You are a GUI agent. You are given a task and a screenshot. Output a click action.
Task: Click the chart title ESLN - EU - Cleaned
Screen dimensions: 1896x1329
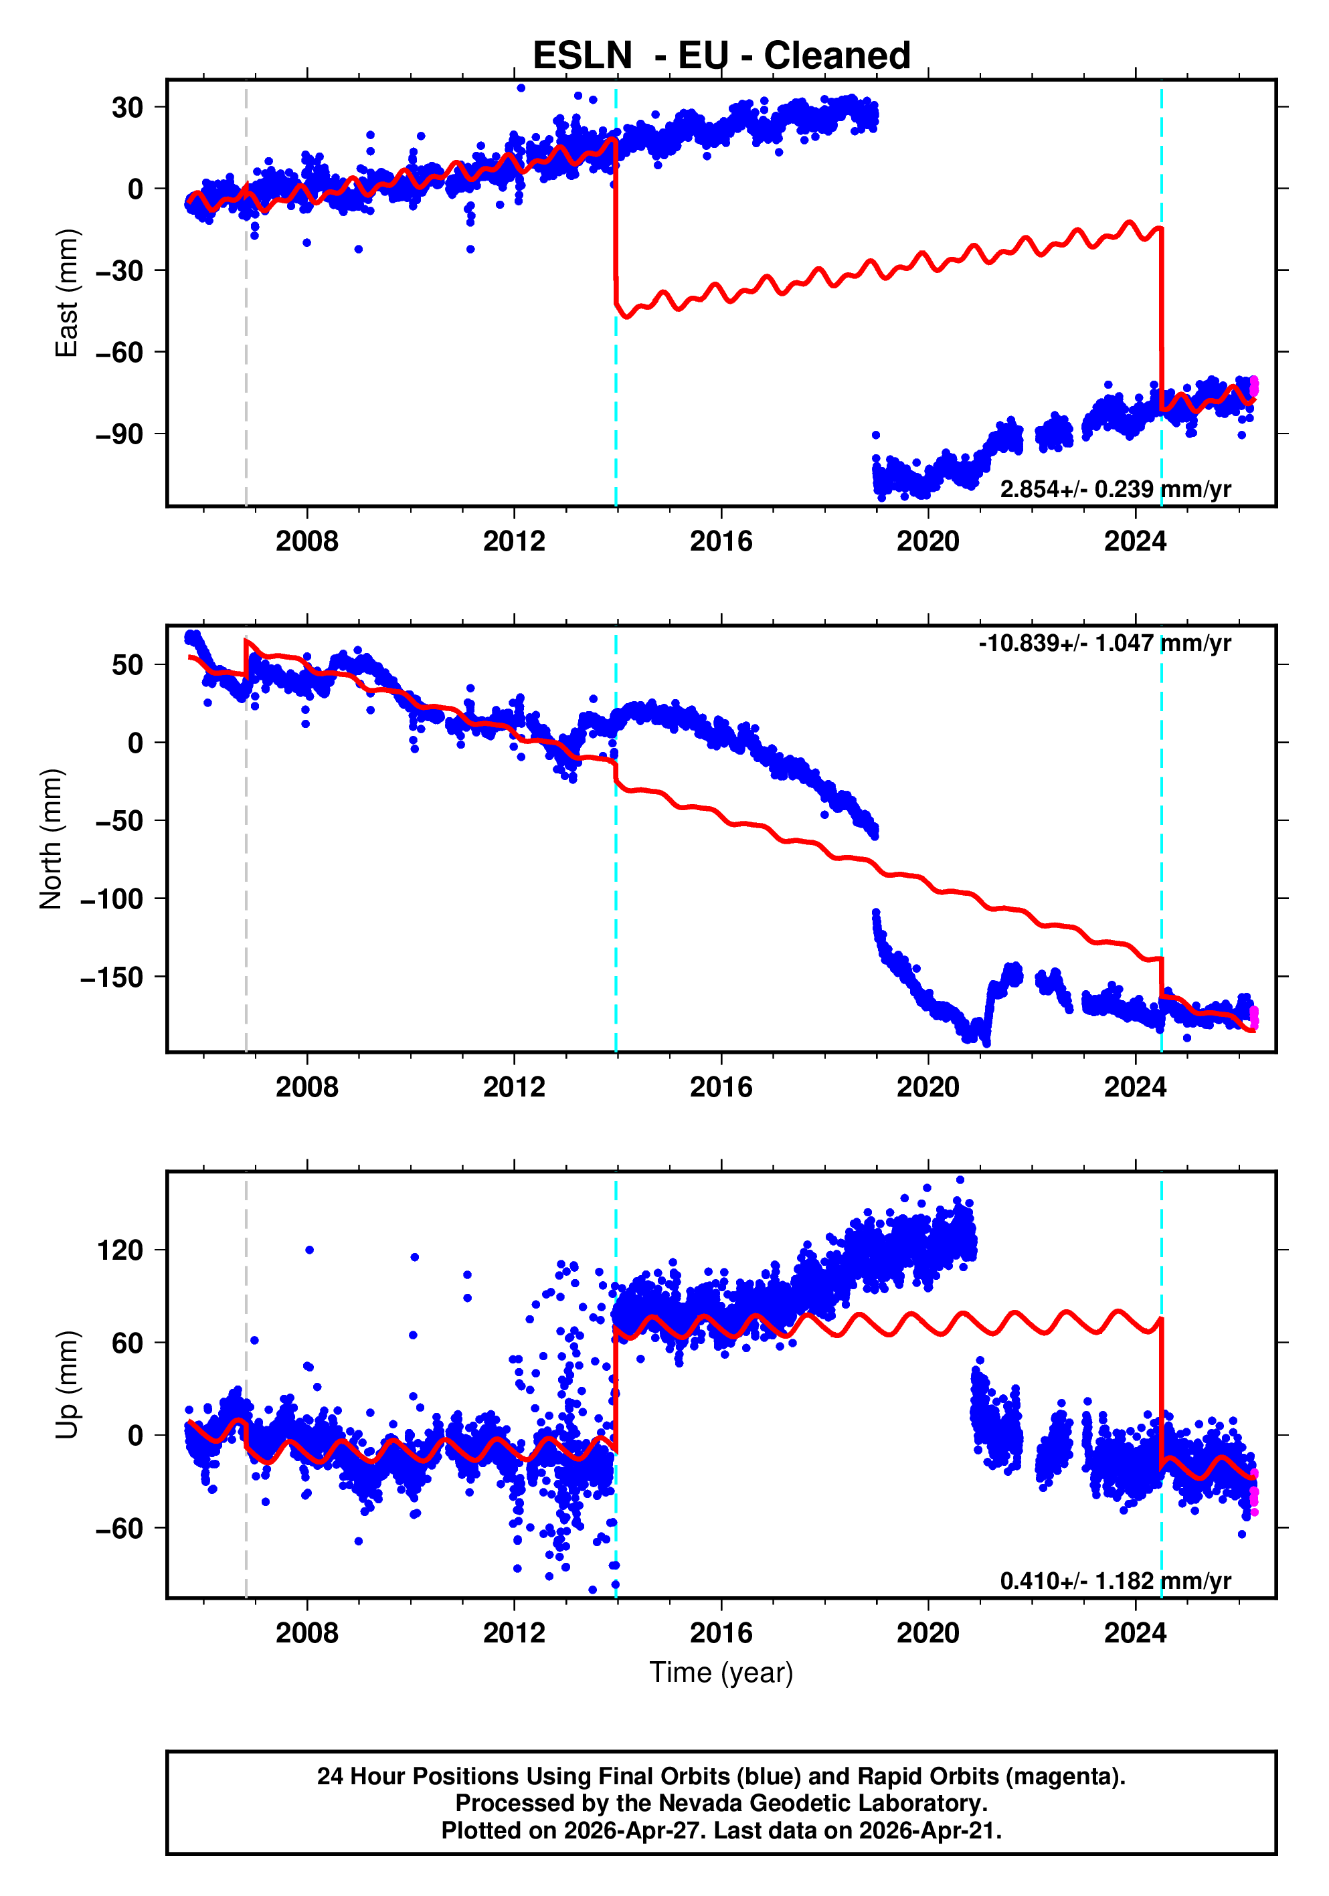(721, 56)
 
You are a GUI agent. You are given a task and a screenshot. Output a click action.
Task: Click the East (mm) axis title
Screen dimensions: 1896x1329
(66, 293)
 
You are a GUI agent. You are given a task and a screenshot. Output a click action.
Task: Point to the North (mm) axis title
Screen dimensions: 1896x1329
(52, 839)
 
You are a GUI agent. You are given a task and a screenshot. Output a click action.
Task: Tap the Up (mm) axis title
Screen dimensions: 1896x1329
(66, 1385)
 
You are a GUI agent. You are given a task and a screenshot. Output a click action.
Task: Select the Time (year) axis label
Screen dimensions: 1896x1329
(721, 1672)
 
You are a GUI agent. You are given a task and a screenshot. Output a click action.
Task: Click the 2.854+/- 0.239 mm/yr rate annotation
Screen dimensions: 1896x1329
(1115, 490)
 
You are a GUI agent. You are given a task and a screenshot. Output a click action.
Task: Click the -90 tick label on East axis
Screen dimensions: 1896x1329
(119, 434)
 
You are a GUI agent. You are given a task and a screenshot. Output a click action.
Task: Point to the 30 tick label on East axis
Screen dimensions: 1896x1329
(128, 107)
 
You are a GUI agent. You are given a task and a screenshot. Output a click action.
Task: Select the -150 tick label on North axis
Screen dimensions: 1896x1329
(112, 977)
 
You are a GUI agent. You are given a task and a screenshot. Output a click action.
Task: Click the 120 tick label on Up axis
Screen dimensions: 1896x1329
(120, 1250)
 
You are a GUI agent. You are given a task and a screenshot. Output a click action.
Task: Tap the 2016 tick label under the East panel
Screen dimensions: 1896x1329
(721, 542)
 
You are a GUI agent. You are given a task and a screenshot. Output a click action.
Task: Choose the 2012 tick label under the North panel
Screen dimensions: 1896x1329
(514, 1088)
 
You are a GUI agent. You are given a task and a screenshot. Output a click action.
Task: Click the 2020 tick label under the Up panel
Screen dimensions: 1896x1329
(928, 1633)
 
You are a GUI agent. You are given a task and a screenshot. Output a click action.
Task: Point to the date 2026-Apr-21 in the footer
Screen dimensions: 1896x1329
(928, 1830)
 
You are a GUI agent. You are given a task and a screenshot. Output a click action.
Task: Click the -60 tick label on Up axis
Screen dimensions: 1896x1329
(119, 1529)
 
